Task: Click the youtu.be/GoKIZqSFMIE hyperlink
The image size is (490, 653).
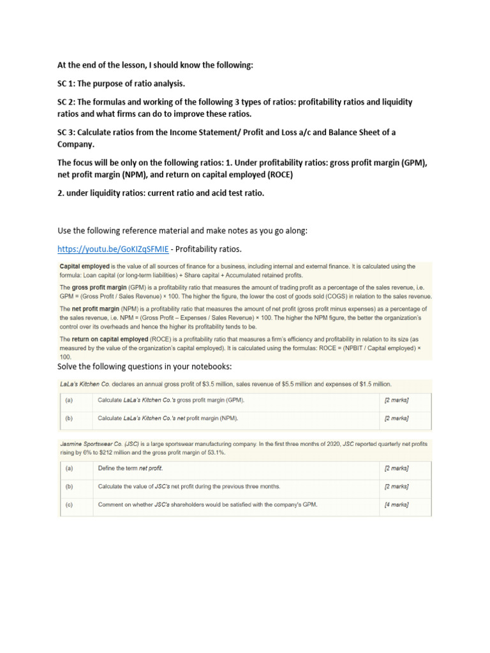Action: click(113, 248)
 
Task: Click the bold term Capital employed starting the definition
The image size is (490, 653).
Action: click(84, 266)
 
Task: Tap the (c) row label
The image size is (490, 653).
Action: click(68, 504)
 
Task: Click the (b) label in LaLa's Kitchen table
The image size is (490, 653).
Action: click(68, 418)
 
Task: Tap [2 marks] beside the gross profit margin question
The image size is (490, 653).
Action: click(396, 400)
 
